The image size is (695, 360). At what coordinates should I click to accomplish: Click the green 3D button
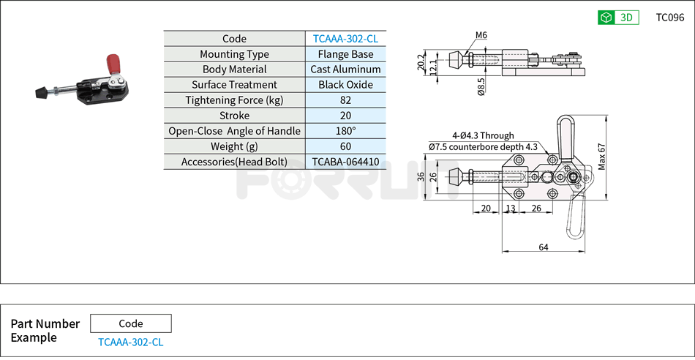[618, 18]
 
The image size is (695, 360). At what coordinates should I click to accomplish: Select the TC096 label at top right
[669, 18]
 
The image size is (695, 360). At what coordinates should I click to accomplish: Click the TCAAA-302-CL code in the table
[345, 39]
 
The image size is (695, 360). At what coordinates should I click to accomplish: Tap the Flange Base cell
[345, 54]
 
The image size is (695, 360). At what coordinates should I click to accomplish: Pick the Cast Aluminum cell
[345, 70]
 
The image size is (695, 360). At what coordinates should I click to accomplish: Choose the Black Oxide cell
[345, 85]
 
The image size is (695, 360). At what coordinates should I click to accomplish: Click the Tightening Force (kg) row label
[234, 100]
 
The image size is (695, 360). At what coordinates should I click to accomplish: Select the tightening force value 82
[345, 100]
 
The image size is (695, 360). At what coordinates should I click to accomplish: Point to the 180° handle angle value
[345, 131]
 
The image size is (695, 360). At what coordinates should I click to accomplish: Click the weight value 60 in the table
[345, 146]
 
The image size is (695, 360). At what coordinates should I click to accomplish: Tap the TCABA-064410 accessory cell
[345, 162]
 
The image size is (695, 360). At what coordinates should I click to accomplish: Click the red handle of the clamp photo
[115, 63]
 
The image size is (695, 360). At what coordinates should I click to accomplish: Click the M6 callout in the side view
[481, 35]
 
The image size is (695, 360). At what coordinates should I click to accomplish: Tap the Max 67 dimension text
[602, 157]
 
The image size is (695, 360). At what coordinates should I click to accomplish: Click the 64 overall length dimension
[544, 247]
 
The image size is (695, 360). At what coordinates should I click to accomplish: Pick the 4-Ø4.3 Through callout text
[483, 135]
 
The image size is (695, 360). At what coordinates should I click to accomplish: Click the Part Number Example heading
[45, 331]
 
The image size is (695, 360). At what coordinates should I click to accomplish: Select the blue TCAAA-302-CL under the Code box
[130, 342]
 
